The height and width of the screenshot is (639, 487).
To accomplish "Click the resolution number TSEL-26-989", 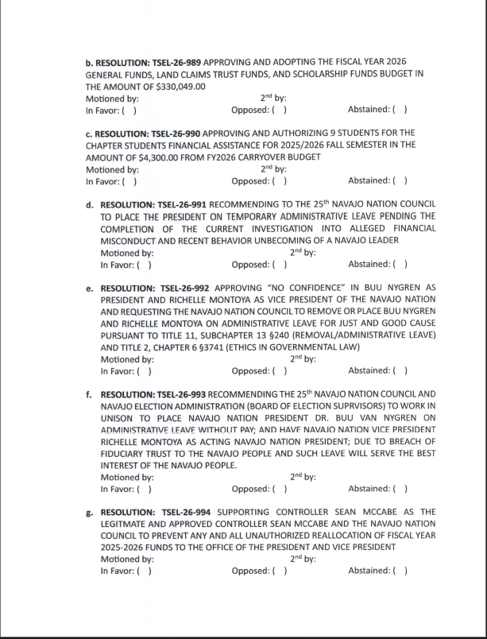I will tap(171, 62).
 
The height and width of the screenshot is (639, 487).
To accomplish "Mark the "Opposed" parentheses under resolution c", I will tap(279, 180).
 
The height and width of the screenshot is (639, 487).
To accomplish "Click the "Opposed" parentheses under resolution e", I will tap(280, 370).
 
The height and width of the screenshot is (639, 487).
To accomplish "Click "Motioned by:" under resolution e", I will tap(127, 358).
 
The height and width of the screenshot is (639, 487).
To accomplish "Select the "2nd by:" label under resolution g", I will tap(303, 559).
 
